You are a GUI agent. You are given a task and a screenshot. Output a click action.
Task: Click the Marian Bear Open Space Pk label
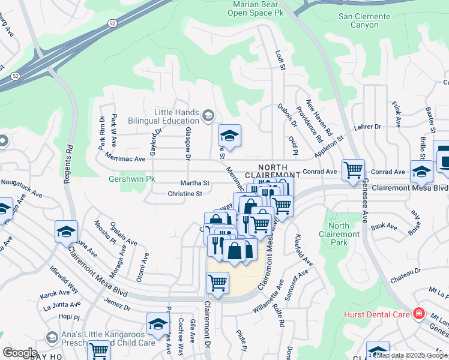click(253, 8)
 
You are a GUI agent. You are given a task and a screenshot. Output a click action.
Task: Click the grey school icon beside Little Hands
click(208, 115)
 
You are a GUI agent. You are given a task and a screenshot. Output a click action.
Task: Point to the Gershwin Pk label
click(131, 179)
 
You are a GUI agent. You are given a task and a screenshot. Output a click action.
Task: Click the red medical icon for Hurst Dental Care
click(418, 314)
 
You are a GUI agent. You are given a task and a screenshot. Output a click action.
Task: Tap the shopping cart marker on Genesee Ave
click(352, 170)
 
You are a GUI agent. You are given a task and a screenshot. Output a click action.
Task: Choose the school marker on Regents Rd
click(66, 232)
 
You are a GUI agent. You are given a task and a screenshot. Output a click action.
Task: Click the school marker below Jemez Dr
click(158, 324)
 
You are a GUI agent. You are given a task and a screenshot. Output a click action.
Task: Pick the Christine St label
click(184, 194)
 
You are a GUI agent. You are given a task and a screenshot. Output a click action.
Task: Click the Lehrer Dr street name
click(368, 127)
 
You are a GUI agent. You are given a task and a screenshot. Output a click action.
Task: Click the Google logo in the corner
click(19, 352)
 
